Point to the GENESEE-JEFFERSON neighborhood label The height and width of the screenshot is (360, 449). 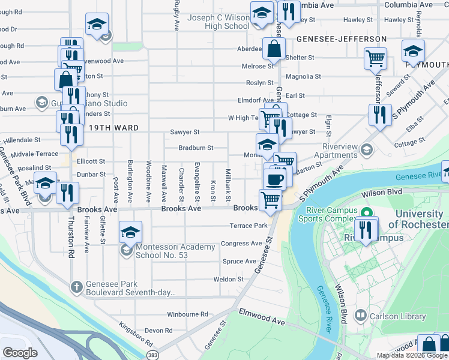pos(341,39)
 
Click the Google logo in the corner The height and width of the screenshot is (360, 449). pos(20,353)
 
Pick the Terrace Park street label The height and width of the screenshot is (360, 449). pos(248,226)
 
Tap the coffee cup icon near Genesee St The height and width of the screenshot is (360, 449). pos(275,179)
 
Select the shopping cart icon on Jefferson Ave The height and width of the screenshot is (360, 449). pos(376,58)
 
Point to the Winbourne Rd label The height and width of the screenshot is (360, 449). pos(187,314)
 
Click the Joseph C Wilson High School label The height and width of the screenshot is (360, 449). pos(218,22)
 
